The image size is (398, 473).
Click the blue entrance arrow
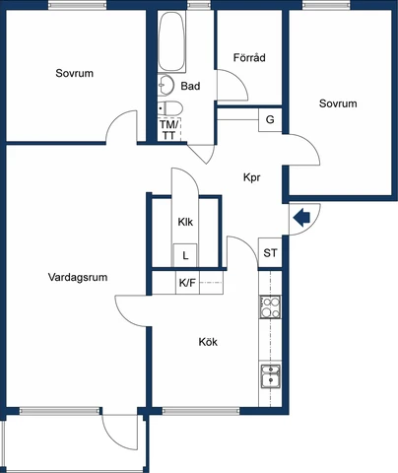(301, 218)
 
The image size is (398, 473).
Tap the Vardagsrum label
(78, 277)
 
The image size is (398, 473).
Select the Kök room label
(208, 342)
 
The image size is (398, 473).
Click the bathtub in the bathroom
(171, 41)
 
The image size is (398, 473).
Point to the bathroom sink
(166, 85)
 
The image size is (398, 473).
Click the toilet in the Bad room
(170, 108)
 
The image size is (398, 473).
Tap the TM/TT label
(168, 130)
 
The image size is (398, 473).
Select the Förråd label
(249, 58)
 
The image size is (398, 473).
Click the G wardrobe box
(270, 119)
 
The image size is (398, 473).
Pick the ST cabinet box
(270, 252)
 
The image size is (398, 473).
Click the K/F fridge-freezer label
(187, 283)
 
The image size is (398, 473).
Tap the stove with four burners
(270, 306)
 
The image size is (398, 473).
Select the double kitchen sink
(271, 376)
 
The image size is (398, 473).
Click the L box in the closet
(185, 255)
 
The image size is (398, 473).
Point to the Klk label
(185, 222)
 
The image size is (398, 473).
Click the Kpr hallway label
(252, 177)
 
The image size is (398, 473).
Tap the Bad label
(190, 86)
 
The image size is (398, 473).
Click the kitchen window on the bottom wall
(201, 411)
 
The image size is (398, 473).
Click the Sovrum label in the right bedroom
(338, 103)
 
